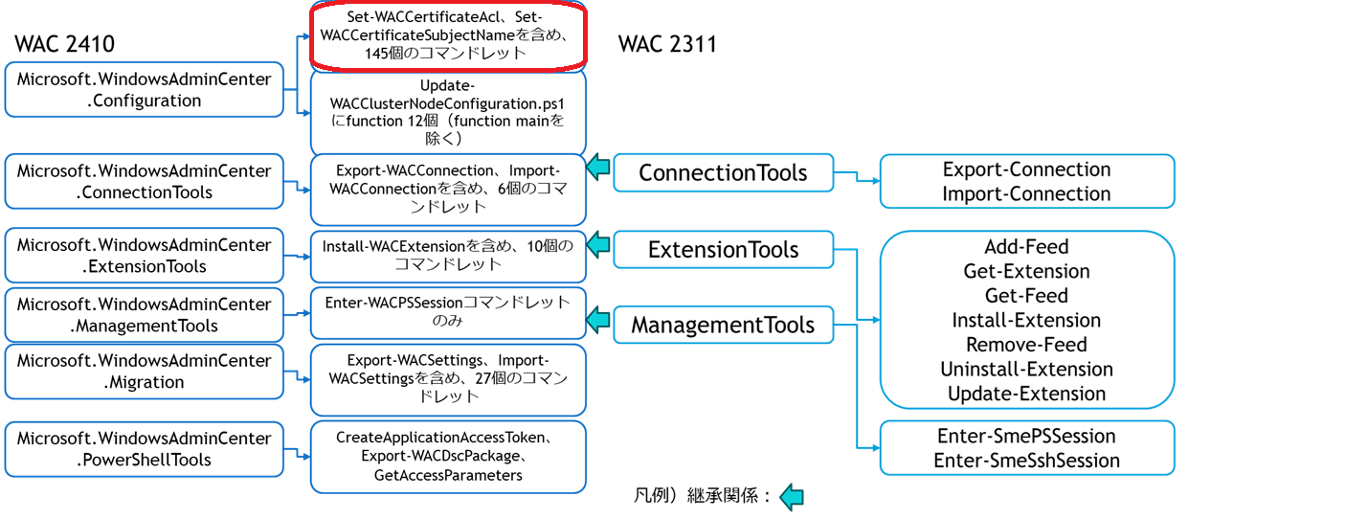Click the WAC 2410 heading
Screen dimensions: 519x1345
(x=65, y=43)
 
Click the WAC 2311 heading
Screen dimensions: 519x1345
(x=667, y=44)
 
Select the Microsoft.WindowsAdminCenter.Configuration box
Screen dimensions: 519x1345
(x=144, y=90)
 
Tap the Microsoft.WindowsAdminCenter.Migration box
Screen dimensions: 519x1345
(x=144, y=372)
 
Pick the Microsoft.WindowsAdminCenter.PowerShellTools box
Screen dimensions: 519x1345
(x=144, y=449)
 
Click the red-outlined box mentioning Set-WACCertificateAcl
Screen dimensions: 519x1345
(x=449, y=35)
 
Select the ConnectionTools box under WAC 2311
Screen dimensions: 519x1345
(x=723, y=173)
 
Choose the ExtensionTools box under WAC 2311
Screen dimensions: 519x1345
(x=723, y=250)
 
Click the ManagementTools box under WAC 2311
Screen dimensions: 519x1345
(x=723, y=325)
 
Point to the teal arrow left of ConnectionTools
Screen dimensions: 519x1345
(x=598, y=168)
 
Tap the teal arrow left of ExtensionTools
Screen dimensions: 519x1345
(x=598, y=244)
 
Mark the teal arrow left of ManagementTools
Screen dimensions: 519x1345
(x=598, y=319)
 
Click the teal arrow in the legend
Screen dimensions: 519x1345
(x=792, y=497)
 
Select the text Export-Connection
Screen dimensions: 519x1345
(x=1026, y=169)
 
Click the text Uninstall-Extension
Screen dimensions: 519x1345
(x=1026, y=369)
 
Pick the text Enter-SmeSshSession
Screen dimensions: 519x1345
(x=1026, y=461)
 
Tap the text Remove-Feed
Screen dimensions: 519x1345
(x=1026, y=344)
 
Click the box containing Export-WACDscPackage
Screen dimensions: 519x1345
(x=448, y=457)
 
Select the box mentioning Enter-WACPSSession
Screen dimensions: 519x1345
(x=448, y=311)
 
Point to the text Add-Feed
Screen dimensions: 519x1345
(x=1026, y=246)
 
